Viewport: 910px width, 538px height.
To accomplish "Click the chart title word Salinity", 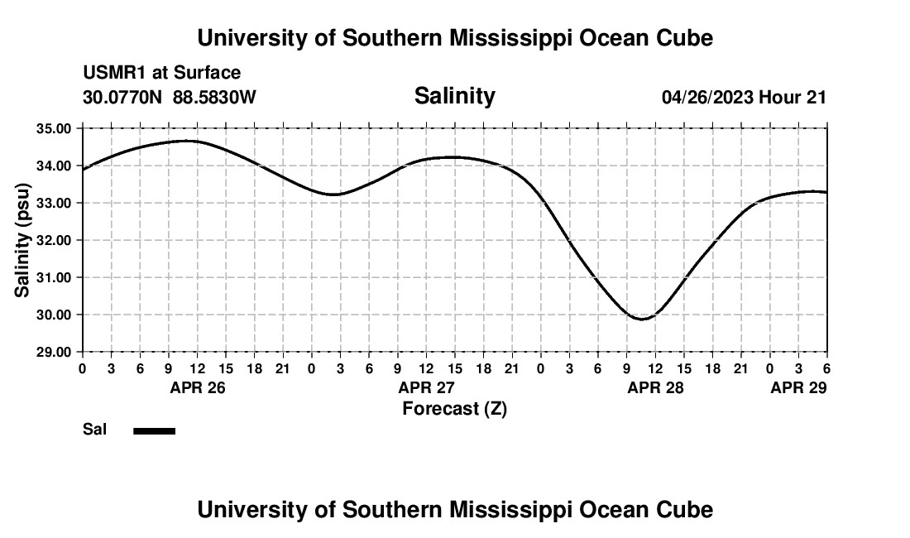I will [454, 96].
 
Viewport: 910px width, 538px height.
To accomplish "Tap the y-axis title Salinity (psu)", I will [22, 240].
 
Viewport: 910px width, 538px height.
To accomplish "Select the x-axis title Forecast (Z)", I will [454, 408].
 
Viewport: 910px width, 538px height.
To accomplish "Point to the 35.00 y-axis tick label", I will [54, 128].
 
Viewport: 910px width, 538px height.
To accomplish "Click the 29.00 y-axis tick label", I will [54, 352].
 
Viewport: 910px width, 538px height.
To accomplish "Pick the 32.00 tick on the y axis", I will [54, 240].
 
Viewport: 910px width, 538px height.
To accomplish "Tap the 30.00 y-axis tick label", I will [54, 315].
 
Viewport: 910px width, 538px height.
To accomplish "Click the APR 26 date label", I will [198, 387].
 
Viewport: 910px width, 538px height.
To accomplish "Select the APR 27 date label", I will [427, 387].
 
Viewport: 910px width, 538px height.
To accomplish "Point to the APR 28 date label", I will [656, 387].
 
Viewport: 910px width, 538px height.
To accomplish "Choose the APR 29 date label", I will [798, 387].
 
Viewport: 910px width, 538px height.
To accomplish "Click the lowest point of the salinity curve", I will [641, 319].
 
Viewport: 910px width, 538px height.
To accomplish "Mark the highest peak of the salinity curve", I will [187, 141].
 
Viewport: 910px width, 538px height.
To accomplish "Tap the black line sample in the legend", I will [154, 430].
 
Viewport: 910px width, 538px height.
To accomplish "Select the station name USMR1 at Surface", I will [161, 73].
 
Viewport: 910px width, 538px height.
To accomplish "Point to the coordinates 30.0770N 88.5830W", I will [170, 97].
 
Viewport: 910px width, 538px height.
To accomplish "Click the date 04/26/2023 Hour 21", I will [744, 97].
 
